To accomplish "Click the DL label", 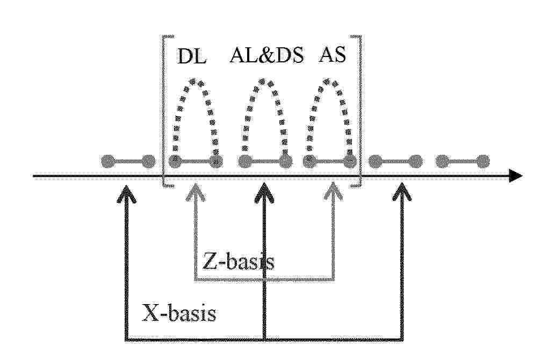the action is (191, 56).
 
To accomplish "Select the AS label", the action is (332, 54).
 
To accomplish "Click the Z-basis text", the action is (238, 261).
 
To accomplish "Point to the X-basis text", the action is (179, 313).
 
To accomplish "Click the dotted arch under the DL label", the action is (196, 82).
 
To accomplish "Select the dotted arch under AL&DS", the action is (264, 82).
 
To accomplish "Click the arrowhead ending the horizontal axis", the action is (515, 176).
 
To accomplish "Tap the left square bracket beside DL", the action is (163, 111).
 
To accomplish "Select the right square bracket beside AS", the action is (360, 111).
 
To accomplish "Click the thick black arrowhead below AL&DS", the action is (264, 192).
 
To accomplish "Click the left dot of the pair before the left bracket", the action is (109, 161).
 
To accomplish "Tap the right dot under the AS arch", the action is (349, 161).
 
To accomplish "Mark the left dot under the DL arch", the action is (175, 161).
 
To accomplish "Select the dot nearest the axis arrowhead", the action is (483, 161).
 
